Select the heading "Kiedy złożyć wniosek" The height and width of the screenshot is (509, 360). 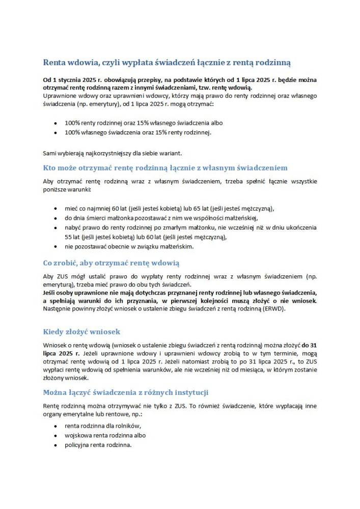click(81, 331)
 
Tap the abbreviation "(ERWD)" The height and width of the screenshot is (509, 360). click(275, 308)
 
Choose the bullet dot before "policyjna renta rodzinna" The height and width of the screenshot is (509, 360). click(55, 445)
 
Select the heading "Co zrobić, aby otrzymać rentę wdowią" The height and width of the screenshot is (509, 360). click(111, 263)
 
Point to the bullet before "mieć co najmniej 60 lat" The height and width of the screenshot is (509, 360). click(55, 209)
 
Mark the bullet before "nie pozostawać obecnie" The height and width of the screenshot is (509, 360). click(55, 246)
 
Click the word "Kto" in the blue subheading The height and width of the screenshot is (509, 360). click(50, 167)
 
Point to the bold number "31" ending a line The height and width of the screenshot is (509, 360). click(313, 345)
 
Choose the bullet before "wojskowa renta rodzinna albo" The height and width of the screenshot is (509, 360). click(55, 436)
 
